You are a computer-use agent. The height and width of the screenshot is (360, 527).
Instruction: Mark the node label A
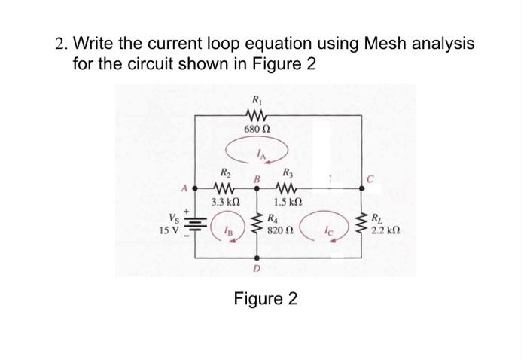pos(184,188)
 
